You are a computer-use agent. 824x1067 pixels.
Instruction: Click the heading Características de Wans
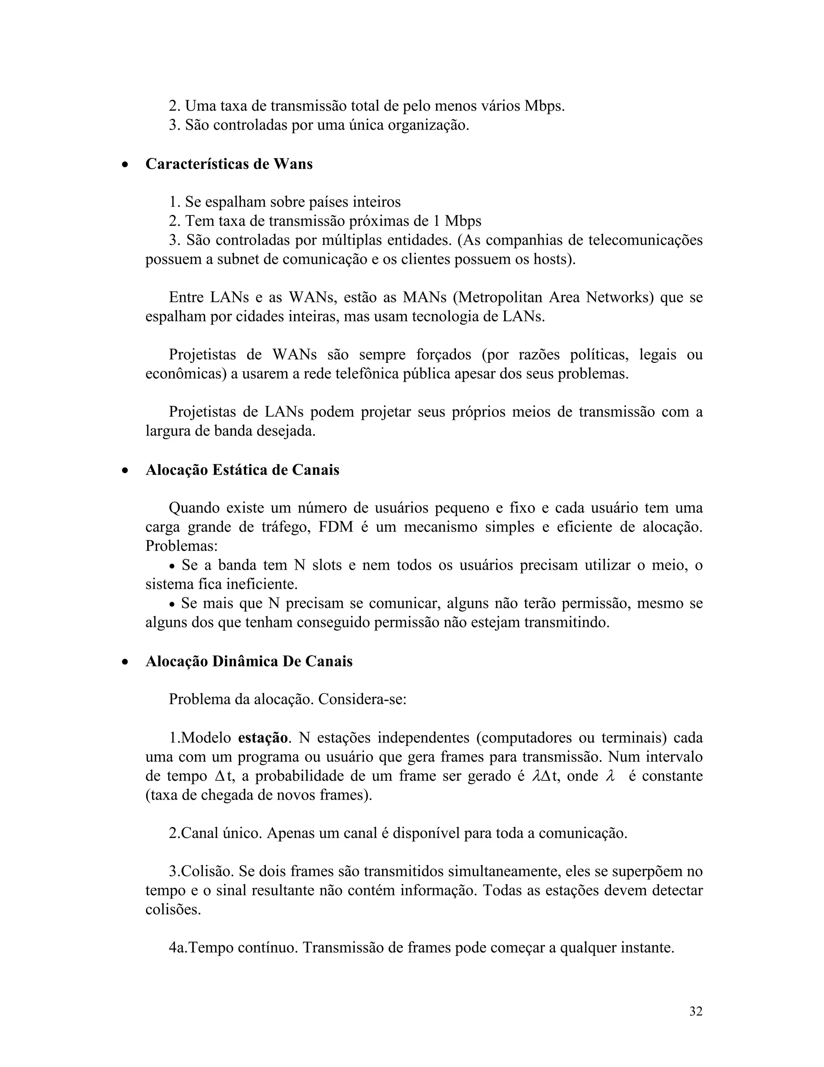(x=229, y=163)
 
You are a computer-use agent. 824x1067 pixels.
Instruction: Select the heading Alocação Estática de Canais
(x=242, y=470)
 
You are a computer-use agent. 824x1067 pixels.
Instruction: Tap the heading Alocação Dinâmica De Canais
(x=249, y=662)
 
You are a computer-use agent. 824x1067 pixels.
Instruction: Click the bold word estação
(x=263, y=738)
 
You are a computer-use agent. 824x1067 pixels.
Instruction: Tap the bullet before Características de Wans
(x=126, y=165)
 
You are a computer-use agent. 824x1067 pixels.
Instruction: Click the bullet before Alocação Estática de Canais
(x=126, y=471)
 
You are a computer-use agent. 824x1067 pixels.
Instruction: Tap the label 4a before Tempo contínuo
(x=178, y=948)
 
